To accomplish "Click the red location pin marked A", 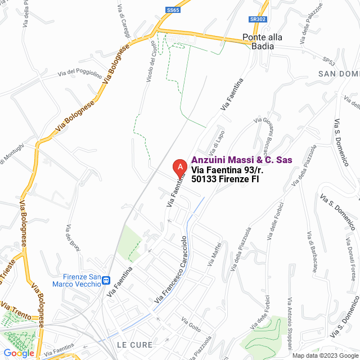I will click(179, 167).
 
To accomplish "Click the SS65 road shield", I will click(173, 10).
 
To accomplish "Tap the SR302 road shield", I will click(258, 19).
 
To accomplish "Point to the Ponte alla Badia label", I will click(262, 42).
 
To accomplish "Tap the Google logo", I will click(18, 353).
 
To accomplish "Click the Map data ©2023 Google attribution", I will click(325, 355).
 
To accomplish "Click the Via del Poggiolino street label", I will click(80, 73).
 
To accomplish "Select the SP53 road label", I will click(328, 60).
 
